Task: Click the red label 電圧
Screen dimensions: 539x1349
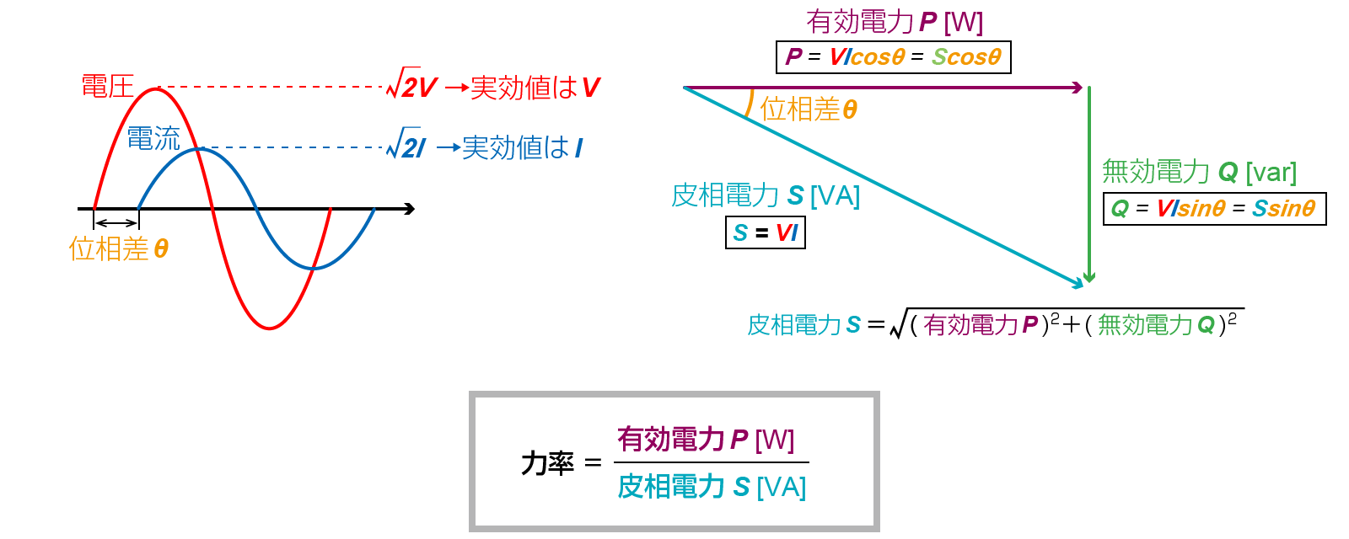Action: pyautogui.click(x=107, y=86)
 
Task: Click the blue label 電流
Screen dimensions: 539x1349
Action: pyautogui.click(x=153, y=138)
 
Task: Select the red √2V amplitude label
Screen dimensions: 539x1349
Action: pyautogui.click(x=412, y=86)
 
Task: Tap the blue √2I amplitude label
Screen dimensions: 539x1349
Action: pyautogui.click(x=406, y=147)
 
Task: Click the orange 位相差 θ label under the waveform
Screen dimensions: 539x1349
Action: pyautogui.click(x=118, y=248)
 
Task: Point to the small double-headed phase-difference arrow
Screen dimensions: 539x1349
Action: pyautogui.click(x=116, y=222)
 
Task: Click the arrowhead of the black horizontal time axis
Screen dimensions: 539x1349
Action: pyautogui.click(x=410, y=208)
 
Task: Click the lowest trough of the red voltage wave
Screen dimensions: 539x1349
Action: pyautogui.click(x=269, y=328)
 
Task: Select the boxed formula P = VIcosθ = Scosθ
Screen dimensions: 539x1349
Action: pyautogui.click(x=893, y=57)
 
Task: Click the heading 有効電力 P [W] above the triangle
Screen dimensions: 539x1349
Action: pyautogui.click(x=895, y=21)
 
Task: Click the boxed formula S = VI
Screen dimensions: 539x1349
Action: pyautogui.click(x=766, y=232)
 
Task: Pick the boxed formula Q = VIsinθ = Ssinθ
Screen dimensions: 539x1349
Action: pyautogui.click(x=1214, y=208)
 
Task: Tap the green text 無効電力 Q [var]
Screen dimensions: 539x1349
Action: pyautogui.click(x=1199, y=172)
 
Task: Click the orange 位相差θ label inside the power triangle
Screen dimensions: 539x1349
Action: pyautogui.click(x=808, y=109)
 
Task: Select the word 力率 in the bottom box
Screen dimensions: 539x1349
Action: pyautogui.click(x=547, y=462)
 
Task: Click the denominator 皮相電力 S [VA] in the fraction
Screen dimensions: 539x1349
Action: pyautogui.click(x=712, y=487)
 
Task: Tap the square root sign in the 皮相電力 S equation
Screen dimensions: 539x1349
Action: pyautogui.click(x=898, y=323)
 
